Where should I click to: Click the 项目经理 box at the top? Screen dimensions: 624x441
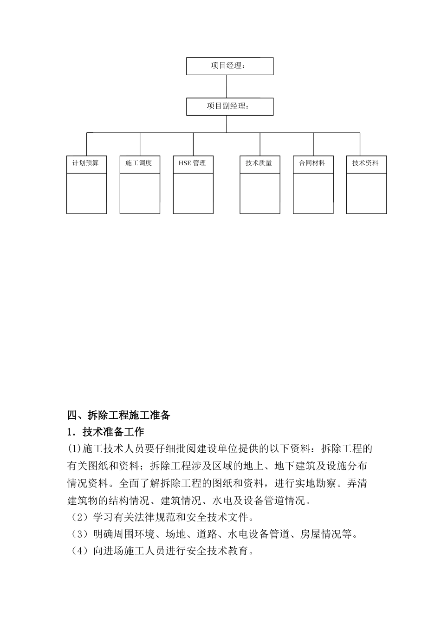(x=229, y=66)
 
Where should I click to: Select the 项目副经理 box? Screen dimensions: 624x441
(x=229, y=106)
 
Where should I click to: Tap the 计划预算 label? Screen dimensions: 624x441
(x=86, y=163)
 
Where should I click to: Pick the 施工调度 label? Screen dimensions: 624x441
(x=139, y=163)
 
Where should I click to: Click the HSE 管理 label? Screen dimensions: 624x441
(x=192, y=163)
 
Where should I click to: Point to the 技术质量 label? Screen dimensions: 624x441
(x=259, y=163)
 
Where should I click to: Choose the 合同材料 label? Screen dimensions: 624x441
(x=312, y=163)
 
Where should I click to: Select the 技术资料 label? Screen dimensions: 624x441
(x=366, y=163)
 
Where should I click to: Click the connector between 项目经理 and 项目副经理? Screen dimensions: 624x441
(x=227, y=86)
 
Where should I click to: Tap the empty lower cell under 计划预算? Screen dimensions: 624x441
(x=86, y=193)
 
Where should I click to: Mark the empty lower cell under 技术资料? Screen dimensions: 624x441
(x=366, y=193)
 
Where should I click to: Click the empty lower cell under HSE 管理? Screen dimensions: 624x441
(x=193, y=193)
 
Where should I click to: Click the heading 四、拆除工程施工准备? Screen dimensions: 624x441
(x=119, y=415)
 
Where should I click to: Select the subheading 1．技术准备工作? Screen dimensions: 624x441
(x=106, y=432)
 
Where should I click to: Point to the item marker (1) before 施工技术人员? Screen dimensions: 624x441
(x=74, y=449)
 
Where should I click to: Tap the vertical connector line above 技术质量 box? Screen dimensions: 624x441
(x=260, y=144)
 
